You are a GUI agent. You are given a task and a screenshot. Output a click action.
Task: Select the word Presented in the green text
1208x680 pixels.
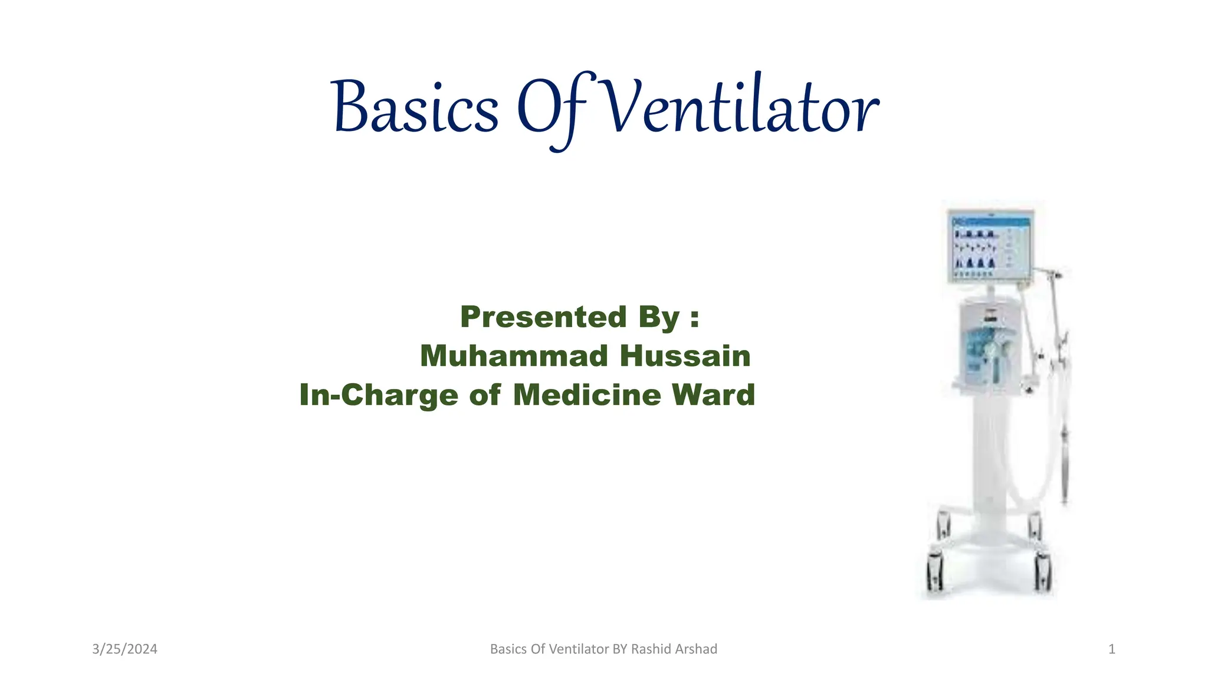click(543, 317)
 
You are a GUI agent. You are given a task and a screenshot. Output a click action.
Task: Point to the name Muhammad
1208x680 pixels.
click(514, 356)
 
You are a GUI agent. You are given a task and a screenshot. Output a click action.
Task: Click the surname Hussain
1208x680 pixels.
click(685, 356)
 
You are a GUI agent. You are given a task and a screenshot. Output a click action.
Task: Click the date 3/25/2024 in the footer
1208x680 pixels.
click(124, 649)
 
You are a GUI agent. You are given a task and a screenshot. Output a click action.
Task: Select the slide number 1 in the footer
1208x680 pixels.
click(1111, 649)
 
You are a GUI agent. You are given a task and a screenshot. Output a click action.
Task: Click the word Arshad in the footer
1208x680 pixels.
click(697, 649)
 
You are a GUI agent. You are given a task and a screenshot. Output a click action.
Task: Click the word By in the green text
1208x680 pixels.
click(659, 317)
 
